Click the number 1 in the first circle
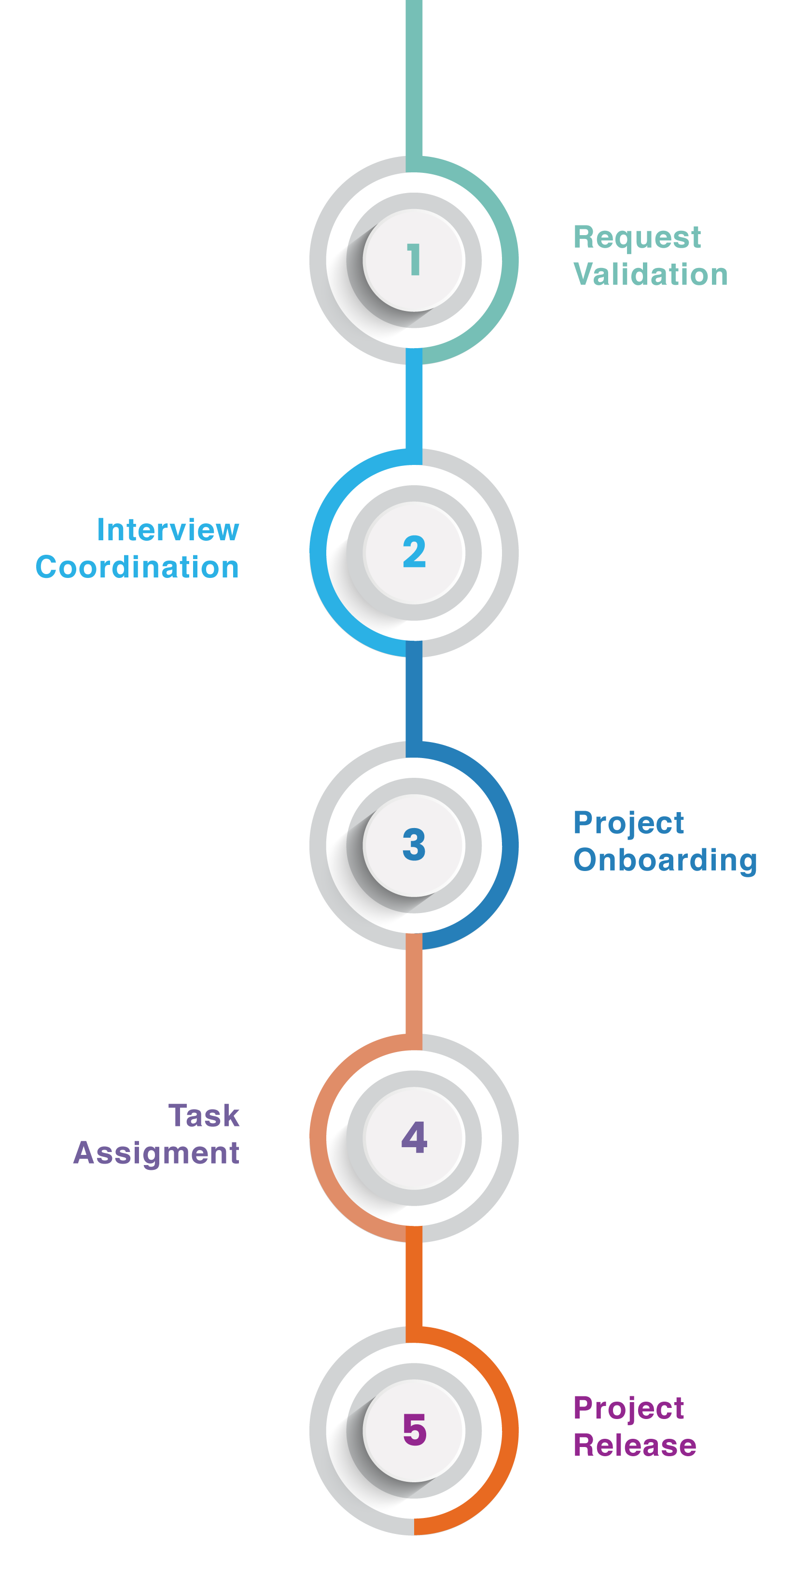click(x=414, y=259)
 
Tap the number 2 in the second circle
click(x=414, y=552)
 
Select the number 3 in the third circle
click(x=414, y=844)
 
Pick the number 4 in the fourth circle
click(x=414, y=1137)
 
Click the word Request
click(x=637, y=238)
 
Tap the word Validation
click(x=651, y=274)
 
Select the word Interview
click(x=168, y=530)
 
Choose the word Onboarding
click(x=665, y=860)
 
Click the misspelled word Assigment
click(x=156, y=1153)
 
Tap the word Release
click(x=635, y=1446)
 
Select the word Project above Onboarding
click(x=628, y=824)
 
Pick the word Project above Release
click(x=628, y=1408)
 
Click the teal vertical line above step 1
click(x=414, y=80)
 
